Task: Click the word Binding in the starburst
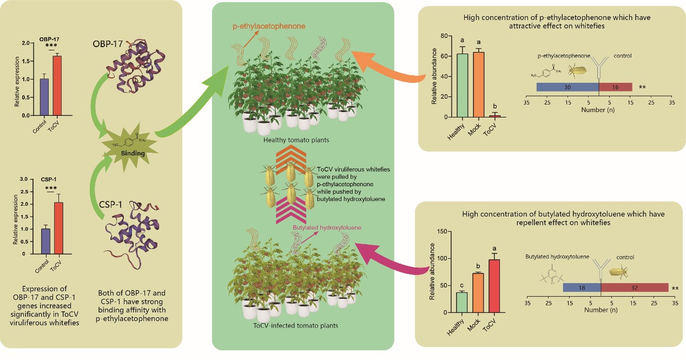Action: (133, 153)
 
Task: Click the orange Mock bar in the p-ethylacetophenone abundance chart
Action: (478, 84)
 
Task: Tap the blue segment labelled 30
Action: (568, 87)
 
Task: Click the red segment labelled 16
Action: (616, 87)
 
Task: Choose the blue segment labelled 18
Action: (582, 287)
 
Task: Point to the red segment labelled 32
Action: (635, 287)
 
